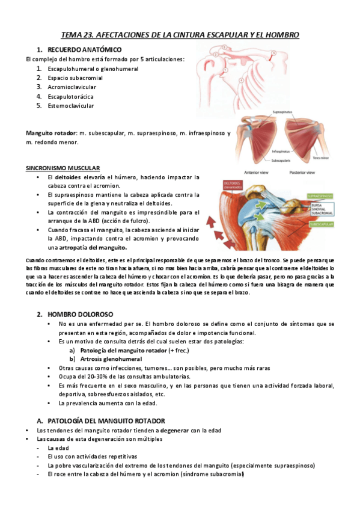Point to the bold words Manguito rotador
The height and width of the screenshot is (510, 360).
pyautogui.click(x=50, y=133)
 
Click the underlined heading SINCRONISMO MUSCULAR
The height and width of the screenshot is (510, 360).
pyautogui.click(x=63, y=168)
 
